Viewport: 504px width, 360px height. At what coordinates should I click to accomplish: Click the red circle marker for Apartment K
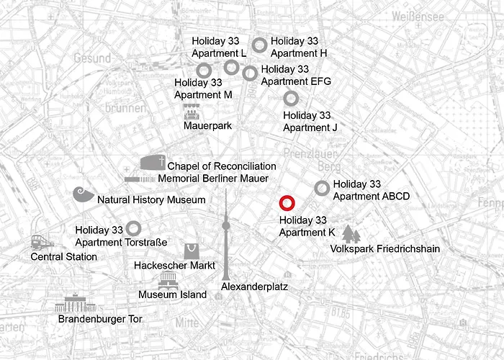287,204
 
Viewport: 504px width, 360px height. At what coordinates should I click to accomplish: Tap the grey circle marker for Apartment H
260,45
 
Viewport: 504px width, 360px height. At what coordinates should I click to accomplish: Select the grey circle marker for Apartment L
231,67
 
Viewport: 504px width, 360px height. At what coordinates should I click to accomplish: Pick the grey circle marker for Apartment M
204,69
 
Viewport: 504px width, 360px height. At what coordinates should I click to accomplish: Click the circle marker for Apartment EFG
250,73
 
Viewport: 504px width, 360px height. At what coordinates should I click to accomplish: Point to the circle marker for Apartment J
291,98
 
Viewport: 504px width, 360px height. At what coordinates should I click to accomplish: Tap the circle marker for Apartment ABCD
323,188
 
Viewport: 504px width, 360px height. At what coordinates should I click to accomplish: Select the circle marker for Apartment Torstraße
134,228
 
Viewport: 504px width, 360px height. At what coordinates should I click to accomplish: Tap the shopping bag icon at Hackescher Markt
192,251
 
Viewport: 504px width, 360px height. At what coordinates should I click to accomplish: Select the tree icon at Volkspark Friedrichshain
351,234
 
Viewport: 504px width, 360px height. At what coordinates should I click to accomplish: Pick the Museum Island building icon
168,281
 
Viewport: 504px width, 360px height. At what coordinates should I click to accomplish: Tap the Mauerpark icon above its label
192,112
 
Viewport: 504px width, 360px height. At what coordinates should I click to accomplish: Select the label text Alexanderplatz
254,286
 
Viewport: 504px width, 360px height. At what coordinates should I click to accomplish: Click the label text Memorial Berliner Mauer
213,178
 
